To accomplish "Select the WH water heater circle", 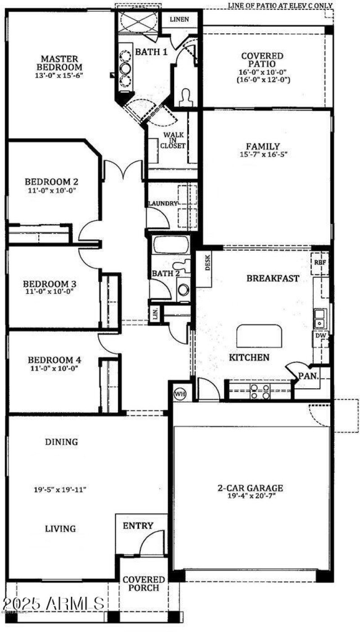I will pyautogui.click(x=180, y=394).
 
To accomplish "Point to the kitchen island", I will pyautogui.click(x=259, y=336).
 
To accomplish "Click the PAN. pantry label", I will pyautogui.click(x=309, y=375).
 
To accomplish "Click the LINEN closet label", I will pyautogui.click(x=179, y=19).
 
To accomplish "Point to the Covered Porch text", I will pyautogui.click(x=144, y=583).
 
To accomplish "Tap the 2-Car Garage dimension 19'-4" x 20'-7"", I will pyautogui.click(x=250, y=496).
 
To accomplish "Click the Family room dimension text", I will pyautogui.click(x=263, y=154).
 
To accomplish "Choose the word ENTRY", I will pyautogui.click(x=138, y=525).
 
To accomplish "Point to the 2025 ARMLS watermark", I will pyautogui.click(x=53, y=603).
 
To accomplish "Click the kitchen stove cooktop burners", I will pyautogui.click(x=260, y=391).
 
